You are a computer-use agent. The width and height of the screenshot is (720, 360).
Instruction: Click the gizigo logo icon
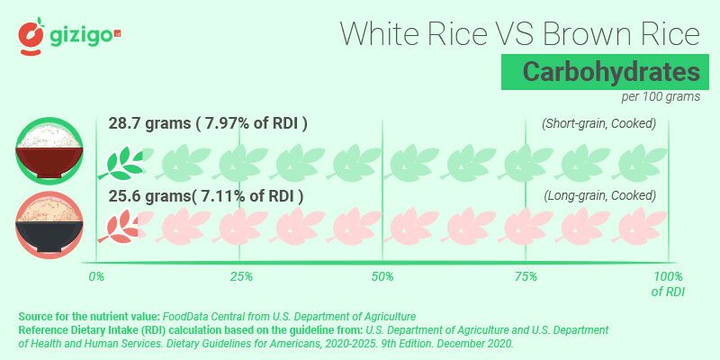pyautogui.click(x=32, y=35)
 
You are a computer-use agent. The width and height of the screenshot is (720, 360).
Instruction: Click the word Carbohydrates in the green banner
pyautogui.click(x=599, y=72)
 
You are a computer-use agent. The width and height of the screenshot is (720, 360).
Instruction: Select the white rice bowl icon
pyautogui.click(x=50, y=149)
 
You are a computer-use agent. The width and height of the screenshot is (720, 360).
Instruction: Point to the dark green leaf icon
pyautogui.click(x=122, y=162)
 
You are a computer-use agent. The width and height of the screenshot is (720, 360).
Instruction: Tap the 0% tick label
pyautogui.click(x=96, y=276)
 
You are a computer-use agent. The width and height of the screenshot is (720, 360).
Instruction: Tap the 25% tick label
pyautogui.click(x=239, y=276)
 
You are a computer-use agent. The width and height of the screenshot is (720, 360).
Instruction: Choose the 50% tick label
pyautogui.click(x=382, y=276)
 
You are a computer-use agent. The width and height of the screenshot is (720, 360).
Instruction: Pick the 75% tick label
pyautogui.click(x=526, y=276)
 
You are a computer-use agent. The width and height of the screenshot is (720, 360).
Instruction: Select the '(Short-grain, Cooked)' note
pyautogui.click(x=598, y=123)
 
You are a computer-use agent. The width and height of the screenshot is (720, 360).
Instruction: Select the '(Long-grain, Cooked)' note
pyautogui.click(x=599, y=195)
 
